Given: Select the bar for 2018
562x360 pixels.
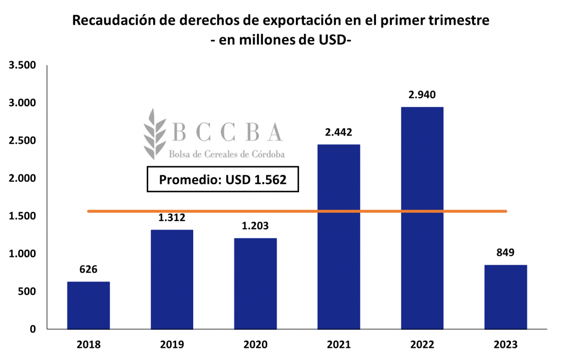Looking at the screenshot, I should (88, 305).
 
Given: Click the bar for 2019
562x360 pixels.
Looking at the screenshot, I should (172, 279).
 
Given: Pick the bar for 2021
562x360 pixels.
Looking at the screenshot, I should (339, 237).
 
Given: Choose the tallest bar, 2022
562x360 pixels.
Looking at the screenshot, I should (422, 218).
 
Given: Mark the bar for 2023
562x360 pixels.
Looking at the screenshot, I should (505, 297).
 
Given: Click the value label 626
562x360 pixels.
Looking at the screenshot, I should (88, 269).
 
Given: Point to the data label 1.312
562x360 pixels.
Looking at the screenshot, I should (172, 218).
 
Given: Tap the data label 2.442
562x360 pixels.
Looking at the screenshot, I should (339, 132).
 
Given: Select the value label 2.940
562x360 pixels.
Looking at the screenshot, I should (422, 94).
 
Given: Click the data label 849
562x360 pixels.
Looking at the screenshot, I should (505, 253).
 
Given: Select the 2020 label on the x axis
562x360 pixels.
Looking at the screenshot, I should (255, 345).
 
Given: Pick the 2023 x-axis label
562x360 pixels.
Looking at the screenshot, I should (505, 345).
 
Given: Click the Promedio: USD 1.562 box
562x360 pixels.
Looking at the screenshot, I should (223, 179).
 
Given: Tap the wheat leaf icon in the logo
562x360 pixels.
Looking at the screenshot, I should (155, 133).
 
